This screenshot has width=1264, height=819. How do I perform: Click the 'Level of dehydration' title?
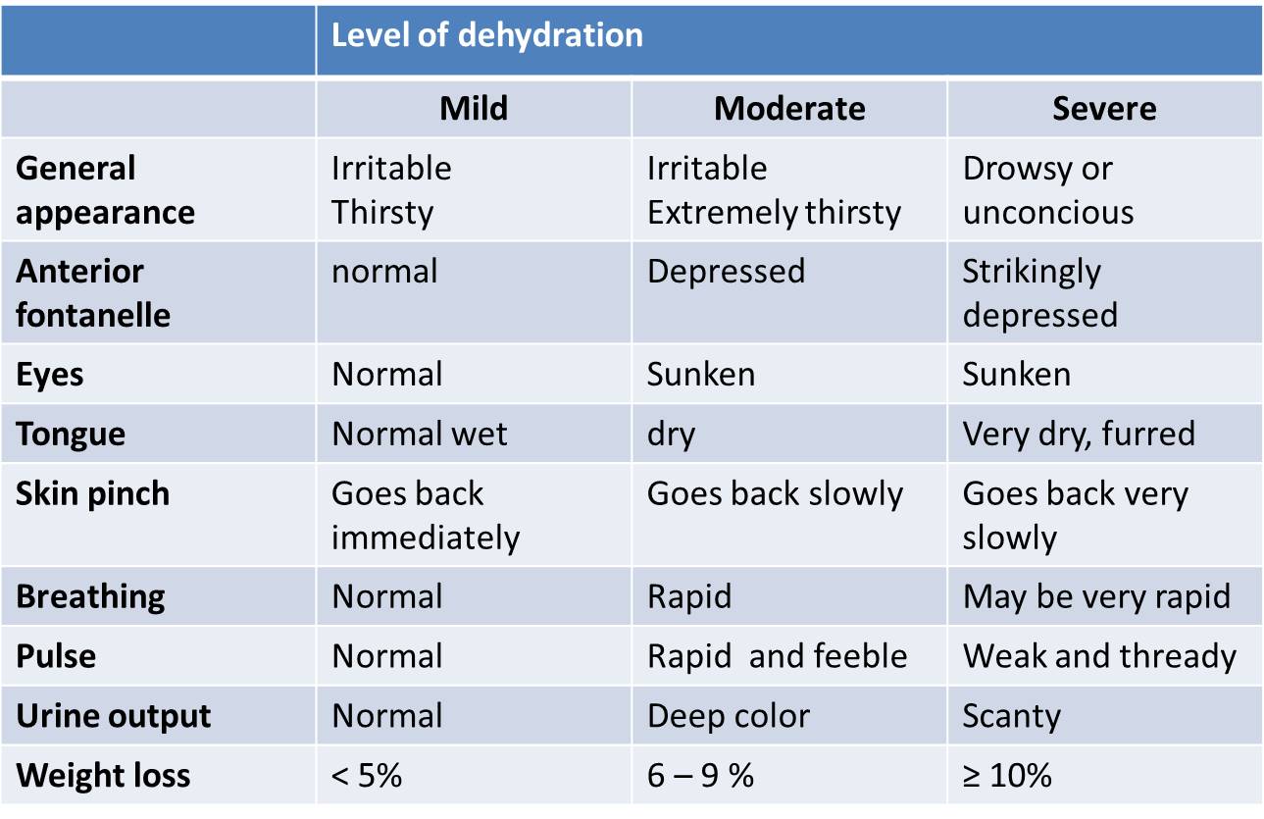[x=487, y=35]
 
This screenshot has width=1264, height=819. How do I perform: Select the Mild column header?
[x=474, y=108]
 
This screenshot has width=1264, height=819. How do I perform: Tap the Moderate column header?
[x=789, y=108]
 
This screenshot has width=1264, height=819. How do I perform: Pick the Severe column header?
[x=1104, y=108]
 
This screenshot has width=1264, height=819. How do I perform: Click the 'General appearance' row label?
[x=105, y=190]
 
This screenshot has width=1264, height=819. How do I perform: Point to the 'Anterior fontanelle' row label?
[x=93, y=293]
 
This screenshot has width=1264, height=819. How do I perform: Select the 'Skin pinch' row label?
[x=92, y=493]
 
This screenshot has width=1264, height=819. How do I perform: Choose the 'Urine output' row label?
[x=114, y=716]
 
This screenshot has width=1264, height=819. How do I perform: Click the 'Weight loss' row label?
[x=103, y=776]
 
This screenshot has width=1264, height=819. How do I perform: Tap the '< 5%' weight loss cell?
[x=367, y=776]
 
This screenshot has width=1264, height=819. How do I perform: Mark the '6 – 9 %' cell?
[x=700, y=776]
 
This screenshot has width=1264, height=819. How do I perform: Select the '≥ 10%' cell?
[x=1007, y=776]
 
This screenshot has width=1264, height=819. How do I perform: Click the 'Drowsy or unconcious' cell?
[x=1047, y=190]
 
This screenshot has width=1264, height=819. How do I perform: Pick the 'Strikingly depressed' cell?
[x=1039, y=293]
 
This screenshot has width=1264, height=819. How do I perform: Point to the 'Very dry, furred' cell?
[x=1079, y=434]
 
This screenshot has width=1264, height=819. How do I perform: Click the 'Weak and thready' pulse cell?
[x=1099, y=656]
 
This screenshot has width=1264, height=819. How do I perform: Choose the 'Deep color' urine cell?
[x=729, y=716]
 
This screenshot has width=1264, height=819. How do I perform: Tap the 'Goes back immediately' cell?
[x=425, y=516]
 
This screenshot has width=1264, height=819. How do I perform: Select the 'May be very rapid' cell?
[x=1096, y=596]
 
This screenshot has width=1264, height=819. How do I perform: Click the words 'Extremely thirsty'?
[x=774, y=213]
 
